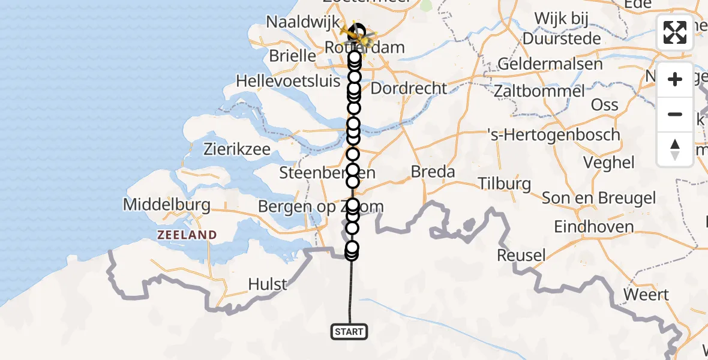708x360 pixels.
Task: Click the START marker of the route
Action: [x=349, y=331]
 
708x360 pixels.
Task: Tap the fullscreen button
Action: [x=675, y=32]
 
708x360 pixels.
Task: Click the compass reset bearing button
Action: [x=675, y=149]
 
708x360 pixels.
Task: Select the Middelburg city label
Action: [x=167, y=205]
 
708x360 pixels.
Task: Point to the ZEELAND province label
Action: [x=187, y=235]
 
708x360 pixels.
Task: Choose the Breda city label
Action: [x=433, y=172]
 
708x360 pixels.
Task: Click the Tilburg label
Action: [x=504, y=184]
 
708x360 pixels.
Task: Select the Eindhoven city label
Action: [x=594, y=227]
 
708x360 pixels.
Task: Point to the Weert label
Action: [x=646, y=295]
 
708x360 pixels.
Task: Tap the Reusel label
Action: [x=521, y=256]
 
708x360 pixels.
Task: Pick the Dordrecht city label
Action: [x=409, y=89]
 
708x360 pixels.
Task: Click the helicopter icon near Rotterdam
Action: [x=358, y=37]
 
